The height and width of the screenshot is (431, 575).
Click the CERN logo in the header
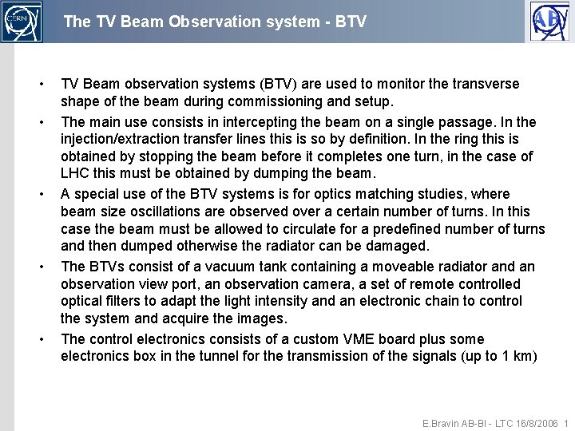[22, 22]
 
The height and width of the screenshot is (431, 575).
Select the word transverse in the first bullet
[486, 84]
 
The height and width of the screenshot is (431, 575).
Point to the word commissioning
[263, 102]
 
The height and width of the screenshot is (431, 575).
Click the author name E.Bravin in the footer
[442, 423]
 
